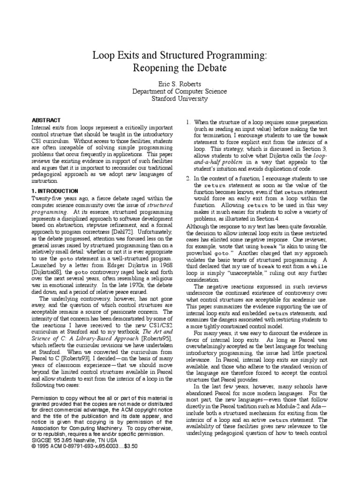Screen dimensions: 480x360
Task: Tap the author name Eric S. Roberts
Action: (x=180, y=83)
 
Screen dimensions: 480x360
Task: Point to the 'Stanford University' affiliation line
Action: (x=180, y=98)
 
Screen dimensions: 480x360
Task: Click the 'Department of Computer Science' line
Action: (x=180, y=91)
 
